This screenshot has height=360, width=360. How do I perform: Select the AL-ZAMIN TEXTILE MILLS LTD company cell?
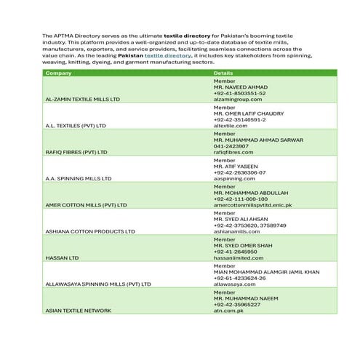click(x=82, y=99)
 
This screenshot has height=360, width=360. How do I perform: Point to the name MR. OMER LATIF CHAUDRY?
click(x=249, y=113)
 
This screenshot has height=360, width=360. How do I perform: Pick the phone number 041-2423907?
click(x=231, y=146)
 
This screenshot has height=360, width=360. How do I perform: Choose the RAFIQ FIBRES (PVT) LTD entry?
click(x=76, y=152)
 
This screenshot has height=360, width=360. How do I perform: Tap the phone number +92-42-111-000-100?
click(x=241, y=199)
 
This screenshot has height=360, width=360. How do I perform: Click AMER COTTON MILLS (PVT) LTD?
click(x=86, y=205)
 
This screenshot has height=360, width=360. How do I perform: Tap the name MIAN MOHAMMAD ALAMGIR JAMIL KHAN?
click(x=266, y=271)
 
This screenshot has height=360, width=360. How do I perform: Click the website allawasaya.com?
click(x=236, y=284)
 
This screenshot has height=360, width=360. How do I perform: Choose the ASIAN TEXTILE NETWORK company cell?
click(x=78, y=311)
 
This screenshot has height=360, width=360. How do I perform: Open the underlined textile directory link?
click(x=167, y=55)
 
